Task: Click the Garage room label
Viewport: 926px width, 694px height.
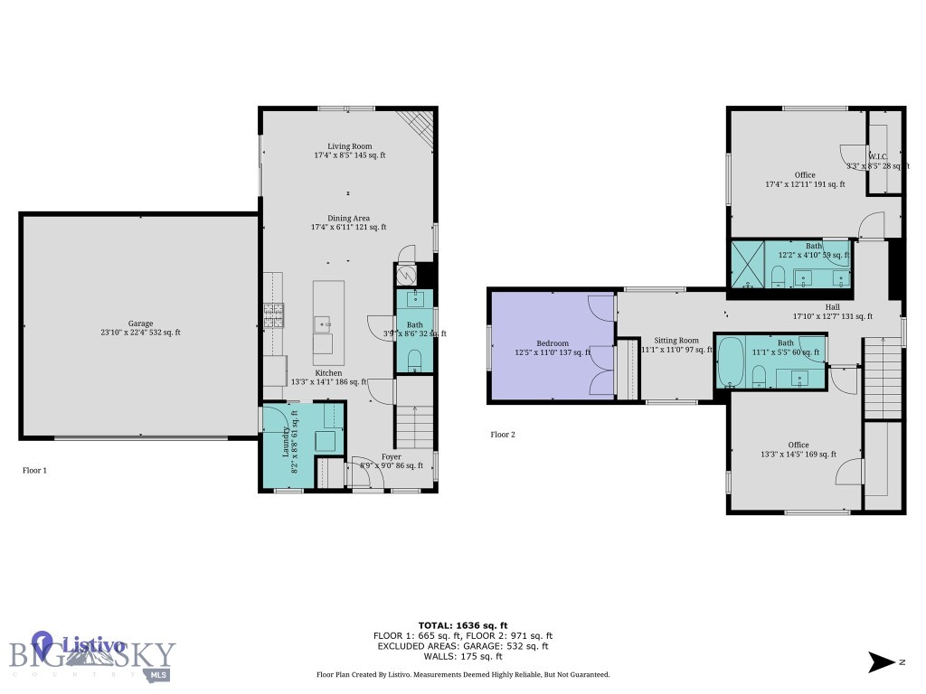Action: [x=140, y=324]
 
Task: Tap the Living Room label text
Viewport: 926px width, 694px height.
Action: [x=349, y=145]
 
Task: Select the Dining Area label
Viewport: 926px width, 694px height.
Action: [x=349, y=218]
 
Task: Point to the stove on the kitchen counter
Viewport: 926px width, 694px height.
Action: [x=273, y=314]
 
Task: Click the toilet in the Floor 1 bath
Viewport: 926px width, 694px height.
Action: [x=415, y=361]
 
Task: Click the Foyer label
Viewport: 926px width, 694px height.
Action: [x=391, y=457]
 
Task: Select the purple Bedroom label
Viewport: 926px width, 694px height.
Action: [x=553, y=343]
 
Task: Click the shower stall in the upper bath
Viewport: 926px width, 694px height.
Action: [x=748, y=264]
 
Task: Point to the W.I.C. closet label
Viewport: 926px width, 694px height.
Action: [x=877, y=156]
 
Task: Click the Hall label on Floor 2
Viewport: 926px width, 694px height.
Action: [x=832, y=307]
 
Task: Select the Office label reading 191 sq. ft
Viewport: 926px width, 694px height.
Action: [x=805, y=175]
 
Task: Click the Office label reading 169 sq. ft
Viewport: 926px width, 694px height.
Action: [x=798, y=445]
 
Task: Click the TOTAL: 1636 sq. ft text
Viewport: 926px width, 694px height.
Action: [x=462, y=625]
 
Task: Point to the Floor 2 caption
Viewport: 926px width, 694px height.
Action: [x=503, y=435]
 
